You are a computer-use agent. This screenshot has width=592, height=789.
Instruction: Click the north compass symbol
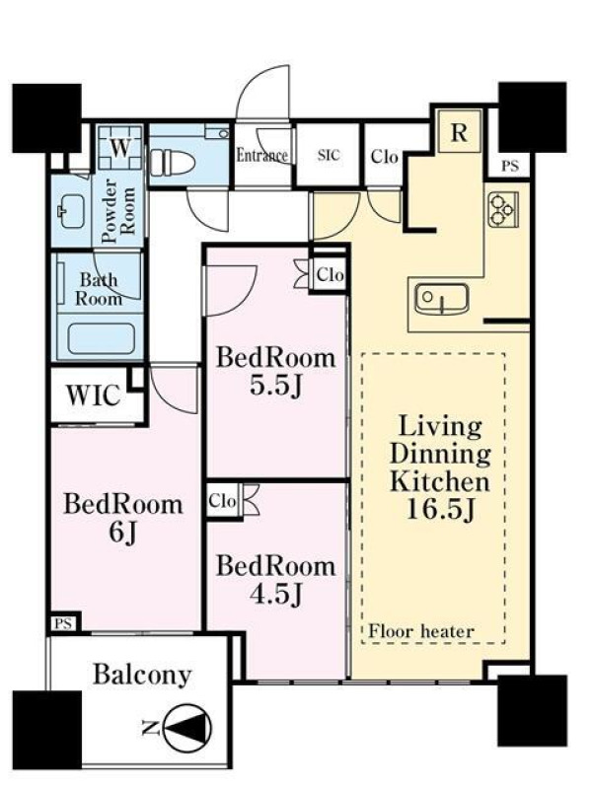[187, 728]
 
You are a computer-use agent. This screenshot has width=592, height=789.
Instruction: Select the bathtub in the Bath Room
[101, 338]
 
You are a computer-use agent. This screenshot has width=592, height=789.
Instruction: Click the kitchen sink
[441, 299]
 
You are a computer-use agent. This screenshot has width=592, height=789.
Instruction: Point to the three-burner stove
[503, 209]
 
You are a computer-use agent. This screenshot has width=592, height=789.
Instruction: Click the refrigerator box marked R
[460, 132]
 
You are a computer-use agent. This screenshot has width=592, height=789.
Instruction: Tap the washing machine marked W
[119, 147]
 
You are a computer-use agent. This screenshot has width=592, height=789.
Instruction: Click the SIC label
[329, 155]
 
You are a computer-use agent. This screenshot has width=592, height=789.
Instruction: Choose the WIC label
[94, 395]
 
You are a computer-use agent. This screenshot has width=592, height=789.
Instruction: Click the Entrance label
[262, 155]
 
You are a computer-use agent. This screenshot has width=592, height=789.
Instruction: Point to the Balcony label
[142, 675]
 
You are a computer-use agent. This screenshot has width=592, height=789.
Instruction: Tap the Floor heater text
[421, 631]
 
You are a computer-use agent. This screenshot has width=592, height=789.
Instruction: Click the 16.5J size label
[440, 509]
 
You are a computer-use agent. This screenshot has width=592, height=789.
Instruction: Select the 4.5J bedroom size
[276, 595]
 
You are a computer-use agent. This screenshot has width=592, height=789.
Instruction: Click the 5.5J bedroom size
[276, 387]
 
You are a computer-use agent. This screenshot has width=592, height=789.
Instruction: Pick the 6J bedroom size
[122, 533]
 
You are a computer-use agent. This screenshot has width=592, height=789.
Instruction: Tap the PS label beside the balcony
[63, 624]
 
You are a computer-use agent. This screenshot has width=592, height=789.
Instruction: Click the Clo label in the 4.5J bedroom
[222, 501]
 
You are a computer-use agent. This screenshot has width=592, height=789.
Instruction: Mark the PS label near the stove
[510, 166]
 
